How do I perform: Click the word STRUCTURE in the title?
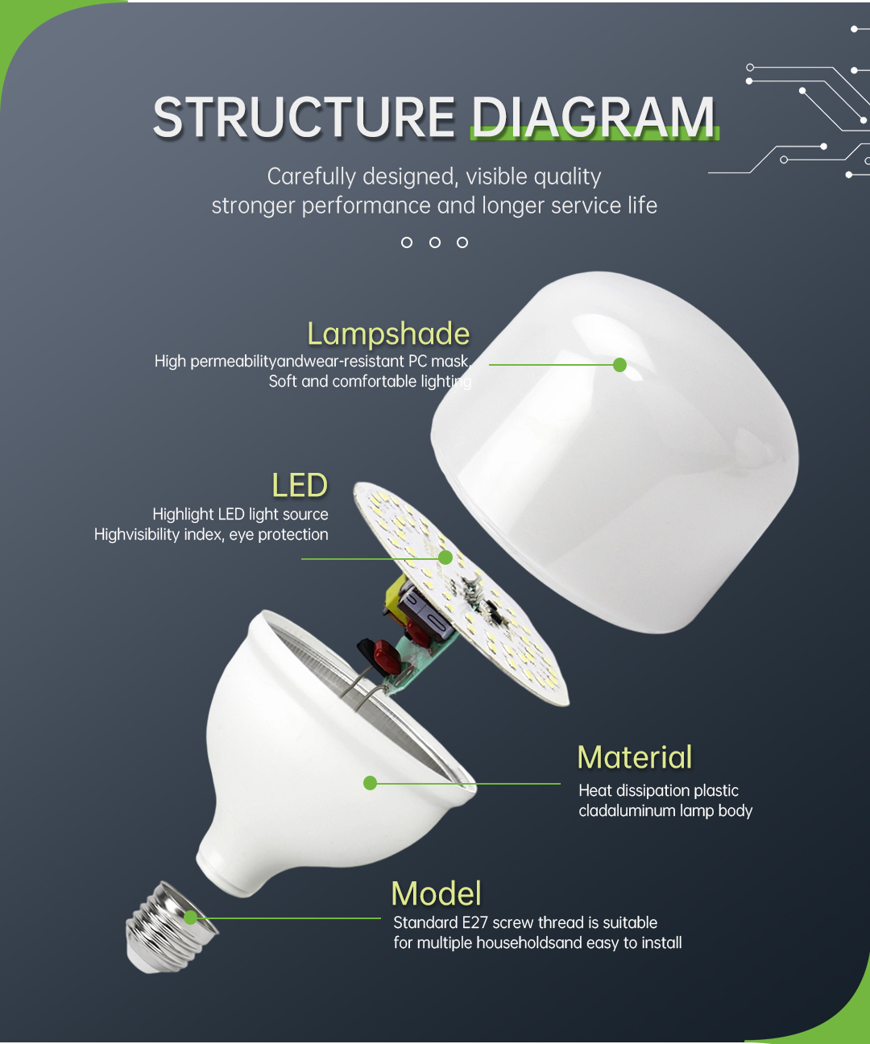click(304, 117)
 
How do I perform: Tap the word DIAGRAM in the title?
click(594, 117)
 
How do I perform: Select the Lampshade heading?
click(388, 334)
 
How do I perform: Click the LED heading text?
click(300, 485)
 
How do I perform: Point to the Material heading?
click(635, 757)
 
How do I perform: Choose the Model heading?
click(436, 893)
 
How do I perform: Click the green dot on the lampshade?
click(620, 365)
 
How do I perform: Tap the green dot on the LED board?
click(445, 557)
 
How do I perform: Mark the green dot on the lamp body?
click(370, 783)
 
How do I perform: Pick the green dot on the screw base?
click(190, 918)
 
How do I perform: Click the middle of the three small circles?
click(435, 242)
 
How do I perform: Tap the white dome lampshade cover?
click(615, 453)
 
